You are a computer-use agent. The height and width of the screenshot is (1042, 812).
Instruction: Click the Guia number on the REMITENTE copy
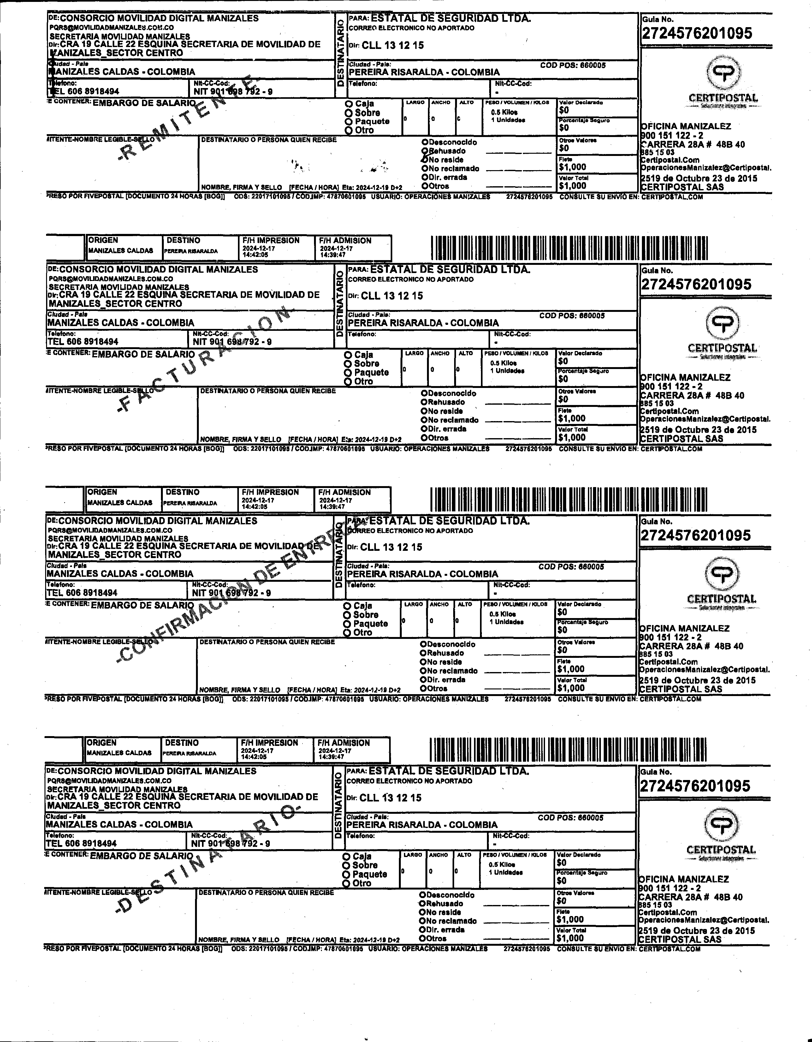point(696,33)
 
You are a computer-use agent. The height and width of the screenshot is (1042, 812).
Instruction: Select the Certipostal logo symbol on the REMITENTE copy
point(724,72)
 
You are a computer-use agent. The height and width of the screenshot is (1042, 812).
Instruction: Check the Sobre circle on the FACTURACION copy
point(348,364)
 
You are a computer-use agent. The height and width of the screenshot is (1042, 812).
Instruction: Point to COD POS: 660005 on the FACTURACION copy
point(572,316)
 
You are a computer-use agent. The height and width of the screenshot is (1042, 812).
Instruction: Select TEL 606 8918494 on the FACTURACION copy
point(83,342)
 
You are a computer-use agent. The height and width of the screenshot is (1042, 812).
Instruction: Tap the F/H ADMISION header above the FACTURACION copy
point(344,241)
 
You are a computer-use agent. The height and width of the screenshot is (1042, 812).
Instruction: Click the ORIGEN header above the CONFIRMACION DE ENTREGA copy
point(102,492)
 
